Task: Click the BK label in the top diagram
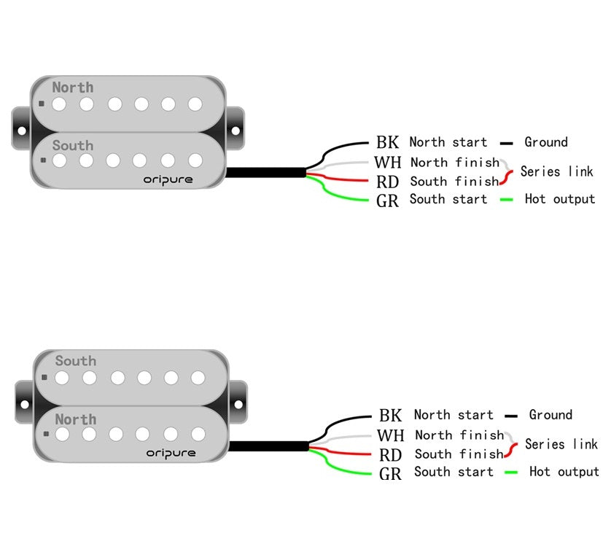(x=387, y=142)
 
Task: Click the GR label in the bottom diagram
(x=391, y=474)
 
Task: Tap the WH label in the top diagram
(x=387, y=162)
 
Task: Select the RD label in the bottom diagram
(x=391, y=454)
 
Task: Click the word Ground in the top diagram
(x=545, y=142)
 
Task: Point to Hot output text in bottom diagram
(x=564, y=472)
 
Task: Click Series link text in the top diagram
(x=556, y=172)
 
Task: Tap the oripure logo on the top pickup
(x=169, y=179)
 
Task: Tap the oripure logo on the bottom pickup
(x=171, y=453)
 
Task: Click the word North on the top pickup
(x=73, y=88)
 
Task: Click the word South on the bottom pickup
(x=76, y=361)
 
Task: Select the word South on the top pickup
(x=73, y=145)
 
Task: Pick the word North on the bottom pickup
(x=76, y=419)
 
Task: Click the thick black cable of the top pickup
(x=265, y=173)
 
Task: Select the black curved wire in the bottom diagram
(x=343, y=421)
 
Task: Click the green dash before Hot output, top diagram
(x=507, y=199)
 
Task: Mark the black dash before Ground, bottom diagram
(x=511, y=416)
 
